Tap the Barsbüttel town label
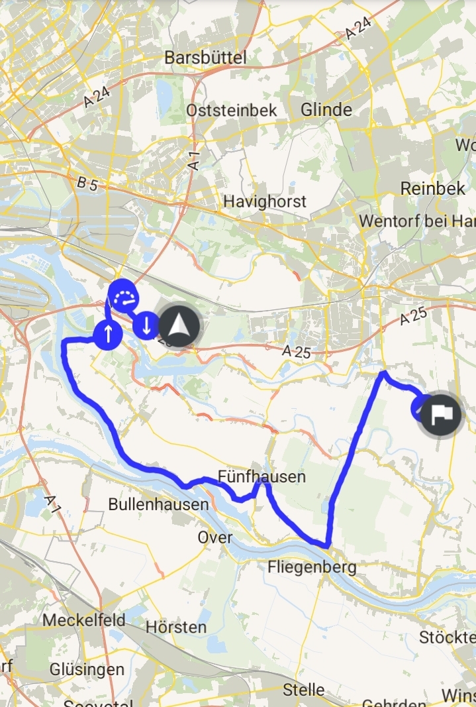[205, 58]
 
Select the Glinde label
[326, 110]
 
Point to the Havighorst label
[265, 201]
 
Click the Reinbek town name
[433, 189]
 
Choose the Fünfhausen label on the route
[262, 476]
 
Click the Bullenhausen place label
[158, 504]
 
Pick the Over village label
[215, 537]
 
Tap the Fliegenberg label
[312, 567]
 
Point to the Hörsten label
[175, 627]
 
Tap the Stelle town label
[303, 690]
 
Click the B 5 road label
[87, 185]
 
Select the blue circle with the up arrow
[108, 334]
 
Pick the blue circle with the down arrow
[146, 325]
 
